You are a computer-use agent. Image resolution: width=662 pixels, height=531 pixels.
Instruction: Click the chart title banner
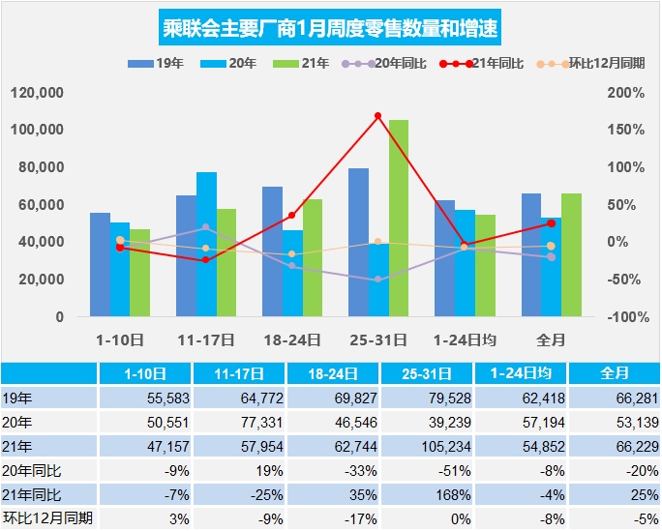(x=330, y=28)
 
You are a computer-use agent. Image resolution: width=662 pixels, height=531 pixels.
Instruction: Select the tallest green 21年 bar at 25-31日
(x=399, y=218)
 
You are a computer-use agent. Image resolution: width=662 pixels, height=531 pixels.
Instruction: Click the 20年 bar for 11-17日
(x=206, y=244)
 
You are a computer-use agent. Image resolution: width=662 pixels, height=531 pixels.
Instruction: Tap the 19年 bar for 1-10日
(x=100, y=264)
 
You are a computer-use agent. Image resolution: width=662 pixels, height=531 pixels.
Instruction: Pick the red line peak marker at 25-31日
(x=378, y=116)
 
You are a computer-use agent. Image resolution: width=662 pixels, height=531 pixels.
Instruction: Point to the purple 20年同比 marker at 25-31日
(x=378, y=280)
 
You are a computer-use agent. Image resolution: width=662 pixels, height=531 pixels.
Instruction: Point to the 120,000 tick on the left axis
(x=36, y=93)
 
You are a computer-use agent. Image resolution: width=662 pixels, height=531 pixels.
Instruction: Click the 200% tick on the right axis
(x=625, y=93)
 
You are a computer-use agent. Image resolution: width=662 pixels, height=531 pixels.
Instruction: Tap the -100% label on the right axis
(x=625, y=317)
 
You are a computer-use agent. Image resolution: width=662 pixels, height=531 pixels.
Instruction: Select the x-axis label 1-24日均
(x=465, y=339)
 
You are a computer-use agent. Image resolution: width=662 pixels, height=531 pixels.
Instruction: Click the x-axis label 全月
(x=551, y=339)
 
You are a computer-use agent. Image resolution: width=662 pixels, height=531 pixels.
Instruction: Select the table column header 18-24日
(x=331, y=373)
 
